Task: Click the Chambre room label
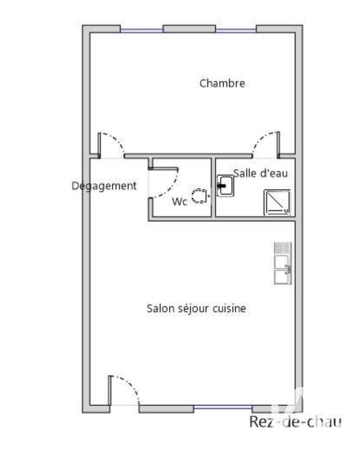(222, 84)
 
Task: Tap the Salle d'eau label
(261, 173)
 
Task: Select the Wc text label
(179, 202)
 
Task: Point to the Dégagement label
(104, 186)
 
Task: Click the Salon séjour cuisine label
(196, 308)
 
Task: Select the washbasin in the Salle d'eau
(226, 186)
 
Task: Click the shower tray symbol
(277, 202)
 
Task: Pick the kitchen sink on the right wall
(282, 263)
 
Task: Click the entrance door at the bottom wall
(124, 390)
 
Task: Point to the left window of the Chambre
(142, 30)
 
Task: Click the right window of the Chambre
(235, 30)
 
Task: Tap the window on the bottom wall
(224, 408)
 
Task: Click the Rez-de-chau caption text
(295, 423)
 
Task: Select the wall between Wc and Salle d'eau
(214, 188)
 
